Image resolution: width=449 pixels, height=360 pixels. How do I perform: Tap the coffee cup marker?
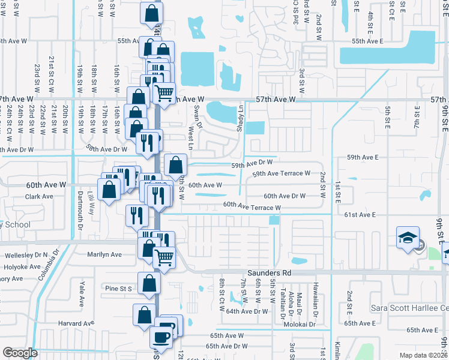point(161,337)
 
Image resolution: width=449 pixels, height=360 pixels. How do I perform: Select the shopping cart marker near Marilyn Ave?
point(163,257)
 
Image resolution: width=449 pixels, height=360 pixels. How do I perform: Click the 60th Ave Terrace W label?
point(252,206)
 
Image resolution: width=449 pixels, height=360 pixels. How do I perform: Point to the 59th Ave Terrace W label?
point(281,173)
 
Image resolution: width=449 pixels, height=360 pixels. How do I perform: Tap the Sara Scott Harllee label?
point(415,308)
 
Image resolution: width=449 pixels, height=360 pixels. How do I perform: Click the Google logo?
point(20,352)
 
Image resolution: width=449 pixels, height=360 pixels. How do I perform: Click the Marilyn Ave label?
point(104,254)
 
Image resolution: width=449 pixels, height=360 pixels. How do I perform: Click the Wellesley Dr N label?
point(26,255)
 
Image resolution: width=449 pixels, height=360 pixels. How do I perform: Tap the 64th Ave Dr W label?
point(247,311)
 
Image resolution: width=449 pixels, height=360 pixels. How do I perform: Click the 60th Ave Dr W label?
point(285,196)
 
